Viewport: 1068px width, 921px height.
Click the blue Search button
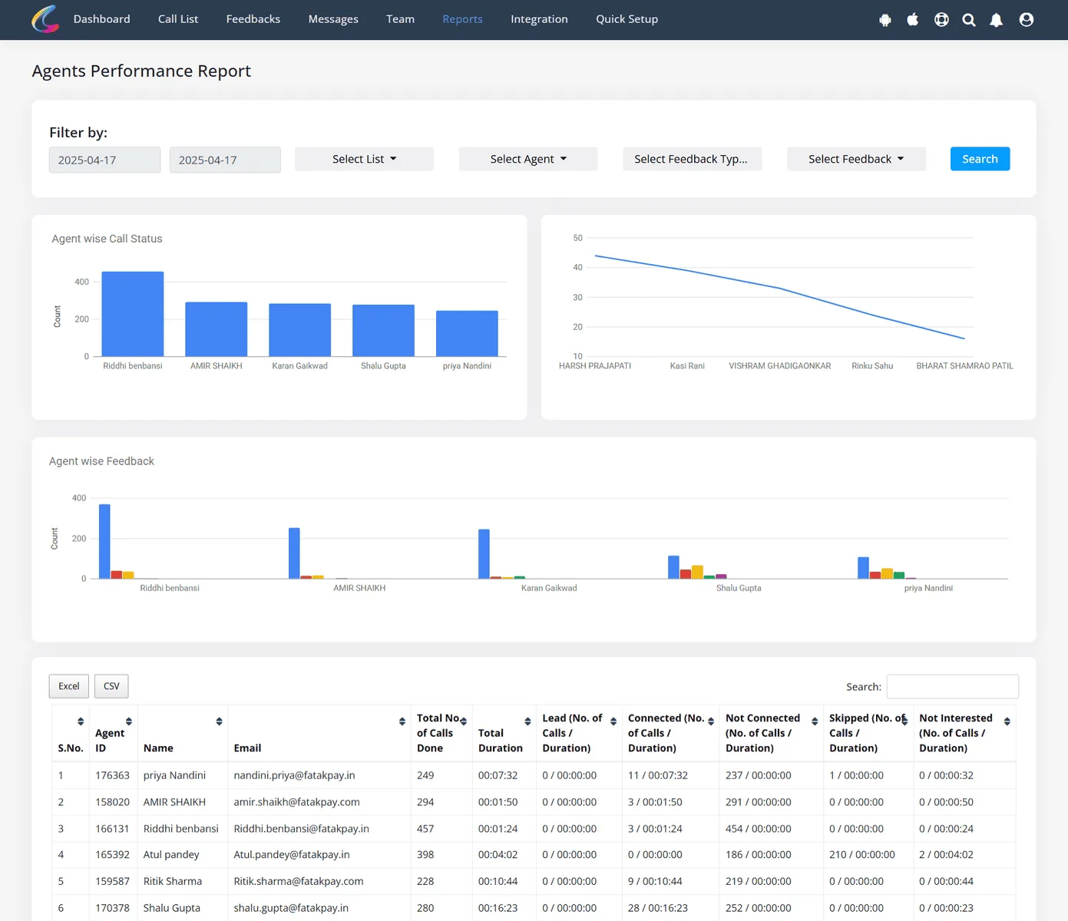(x=980, y=159)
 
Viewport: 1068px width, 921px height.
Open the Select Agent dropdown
(x=528, y=159)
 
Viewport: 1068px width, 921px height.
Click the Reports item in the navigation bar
(x=462, y=19)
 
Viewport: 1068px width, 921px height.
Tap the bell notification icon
(x=996, y=20)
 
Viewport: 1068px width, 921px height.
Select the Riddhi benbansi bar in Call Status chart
(x=133, y=314)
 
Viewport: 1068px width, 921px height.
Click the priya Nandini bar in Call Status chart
(x=467, y=333)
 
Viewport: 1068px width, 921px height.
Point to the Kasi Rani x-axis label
(x=686, y=366)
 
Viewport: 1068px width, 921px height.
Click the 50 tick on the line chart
(x=577, y=238)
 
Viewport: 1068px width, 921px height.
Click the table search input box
(x=952, y=686)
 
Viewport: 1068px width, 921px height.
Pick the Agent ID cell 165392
(x=112, y=854)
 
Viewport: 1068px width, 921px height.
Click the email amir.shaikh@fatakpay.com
(x=296, y=802)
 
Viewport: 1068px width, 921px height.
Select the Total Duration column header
(x=500, y=740)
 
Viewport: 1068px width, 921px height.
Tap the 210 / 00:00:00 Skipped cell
(x=861, y=854)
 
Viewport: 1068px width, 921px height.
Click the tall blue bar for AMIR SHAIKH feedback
(x=294, y=553)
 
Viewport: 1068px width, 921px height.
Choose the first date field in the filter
(x=105, y=160)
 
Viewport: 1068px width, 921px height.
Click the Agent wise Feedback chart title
(x=101, y=460)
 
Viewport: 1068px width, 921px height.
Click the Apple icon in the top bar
(x=912, y=19)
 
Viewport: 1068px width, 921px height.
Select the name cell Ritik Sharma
(x=173, y=881)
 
